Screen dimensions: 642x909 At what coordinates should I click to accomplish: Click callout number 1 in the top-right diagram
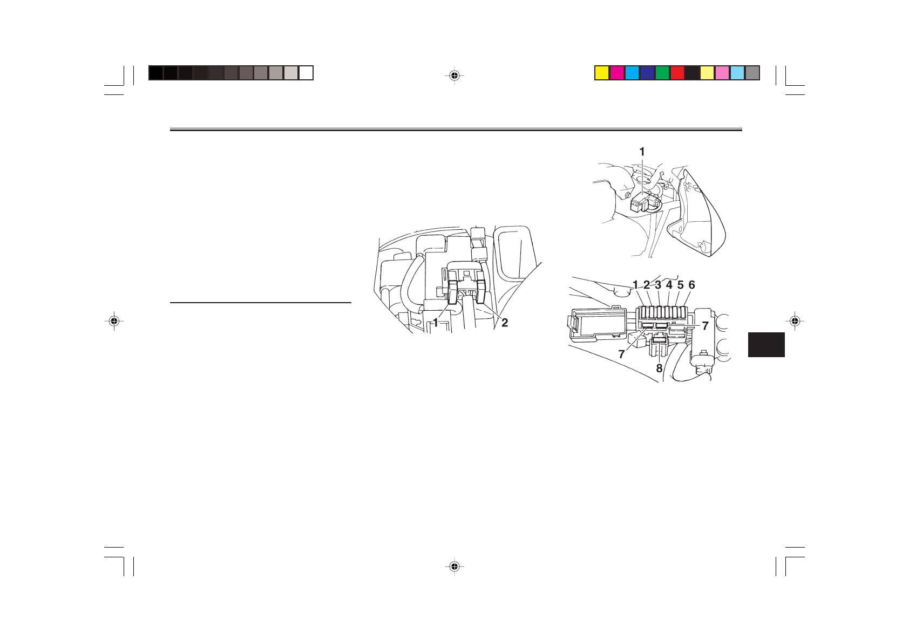pyautogui.click(x=642, y=152)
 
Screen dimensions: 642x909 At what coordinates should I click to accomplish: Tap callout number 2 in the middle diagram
pyautogui.click(x=505, y=323)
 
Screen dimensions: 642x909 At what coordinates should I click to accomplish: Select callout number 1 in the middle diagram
pyautogui.click(x=435, y=323)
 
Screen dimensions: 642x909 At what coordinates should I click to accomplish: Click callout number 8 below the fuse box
pyautogui.click(x=659, y=369)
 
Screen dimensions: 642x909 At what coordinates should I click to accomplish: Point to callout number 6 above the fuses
pyautogui.click(x=691, y=285)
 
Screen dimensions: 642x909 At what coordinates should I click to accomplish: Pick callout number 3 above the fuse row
pyautogui.click(x=658, y=285)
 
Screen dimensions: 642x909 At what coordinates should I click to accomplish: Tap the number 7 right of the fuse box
pyautogui.click(x=705, y=326)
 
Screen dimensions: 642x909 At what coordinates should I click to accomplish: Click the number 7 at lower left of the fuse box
pyautogui.click(x=622, y=354)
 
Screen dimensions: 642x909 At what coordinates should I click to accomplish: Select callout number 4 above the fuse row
pyautogui.click(x=669, y=285)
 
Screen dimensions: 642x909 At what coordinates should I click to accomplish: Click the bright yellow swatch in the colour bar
pyautogui.click(x=602, y=73)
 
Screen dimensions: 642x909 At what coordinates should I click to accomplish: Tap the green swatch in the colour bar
pyautogui.click(x=662, y=73)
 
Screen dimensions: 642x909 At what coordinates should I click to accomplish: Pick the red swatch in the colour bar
pyautogui.click(x=677, y=73)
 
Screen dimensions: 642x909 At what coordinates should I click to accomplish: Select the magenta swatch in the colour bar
pyautogui.click(x=617, y=73)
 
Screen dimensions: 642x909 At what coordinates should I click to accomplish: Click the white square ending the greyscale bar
pyautogui.click(x=306, y=73)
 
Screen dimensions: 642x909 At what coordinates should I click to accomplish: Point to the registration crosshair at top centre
pyautogui.click(x=454, y=76)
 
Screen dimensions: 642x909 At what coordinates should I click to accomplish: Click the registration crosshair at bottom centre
pyautogui.click(x=454, y=566)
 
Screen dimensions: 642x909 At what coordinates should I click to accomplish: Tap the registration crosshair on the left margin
pyautogui.click(x=113, y=321)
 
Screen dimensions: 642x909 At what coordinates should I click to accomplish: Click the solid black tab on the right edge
pyautogui.click(x=766, y=345)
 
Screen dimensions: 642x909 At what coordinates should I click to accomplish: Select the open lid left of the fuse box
pyautogui.click(x=596, y=325)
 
